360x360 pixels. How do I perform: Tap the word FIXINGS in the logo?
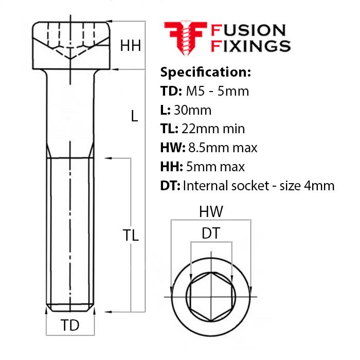click(251, 45)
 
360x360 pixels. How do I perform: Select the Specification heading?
click(206, 71)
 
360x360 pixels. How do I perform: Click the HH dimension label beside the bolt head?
click(131, 46)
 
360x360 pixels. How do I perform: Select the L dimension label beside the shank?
click(134, 116)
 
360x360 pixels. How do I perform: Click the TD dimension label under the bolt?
click(70, 326)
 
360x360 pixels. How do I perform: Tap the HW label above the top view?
click(211, 211)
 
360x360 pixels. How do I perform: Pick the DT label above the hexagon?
click(211, 233)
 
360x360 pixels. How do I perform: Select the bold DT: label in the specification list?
click(170, 186)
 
